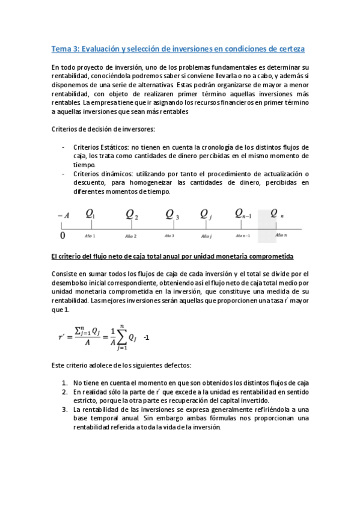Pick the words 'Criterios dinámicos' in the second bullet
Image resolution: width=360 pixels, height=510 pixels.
(x=102, y=173)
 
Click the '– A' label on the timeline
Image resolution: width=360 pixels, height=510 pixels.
(x=63, y=215)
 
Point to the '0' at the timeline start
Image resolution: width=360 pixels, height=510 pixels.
(x=63, y=235)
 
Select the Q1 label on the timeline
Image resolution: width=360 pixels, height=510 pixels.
(x=90, y=214)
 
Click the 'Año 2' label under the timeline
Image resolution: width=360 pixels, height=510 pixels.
(x=130, y=236)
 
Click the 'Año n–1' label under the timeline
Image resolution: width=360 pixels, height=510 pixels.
(x=243, y=236)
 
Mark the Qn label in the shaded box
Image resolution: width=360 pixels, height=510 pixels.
(x=277, y=214)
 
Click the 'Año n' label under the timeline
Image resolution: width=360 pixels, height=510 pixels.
(x=281, y=236)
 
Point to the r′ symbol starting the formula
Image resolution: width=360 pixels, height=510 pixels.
(x=62, y=338)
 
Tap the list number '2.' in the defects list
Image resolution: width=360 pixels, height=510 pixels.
(x=66, y=392)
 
